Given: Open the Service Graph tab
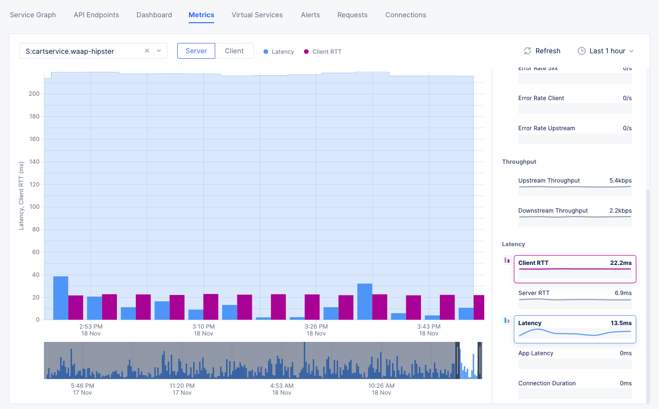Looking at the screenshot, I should point(33,15).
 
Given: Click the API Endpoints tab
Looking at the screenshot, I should point(96,15).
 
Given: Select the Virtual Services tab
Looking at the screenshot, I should point(257,15).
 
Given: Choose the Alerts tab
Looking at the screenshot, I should point(310,15).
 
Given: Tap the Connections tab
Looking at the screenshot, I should point(405,15).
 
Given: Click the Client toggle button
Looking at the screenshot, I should point(234,51).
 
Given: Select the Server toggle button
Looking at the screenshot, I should point(196,51).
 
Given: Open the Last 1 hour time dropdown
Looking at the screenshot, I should point(606,51).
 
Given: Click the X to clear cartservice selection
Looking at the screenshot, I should point(147,51).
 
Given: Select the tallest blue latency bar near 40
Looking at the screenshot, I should point(61,298).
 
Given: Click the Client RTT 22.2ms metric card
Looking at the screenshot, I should point(575,269).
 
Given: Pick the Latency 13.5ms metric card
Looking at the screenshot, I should point(575,329).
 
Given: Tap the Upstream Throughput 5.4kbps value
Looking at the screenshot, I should point(620,181).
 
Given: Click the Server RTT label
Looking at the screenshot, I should point(534,293).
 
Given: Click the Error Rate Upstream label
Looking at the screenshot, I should point(546,128).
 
